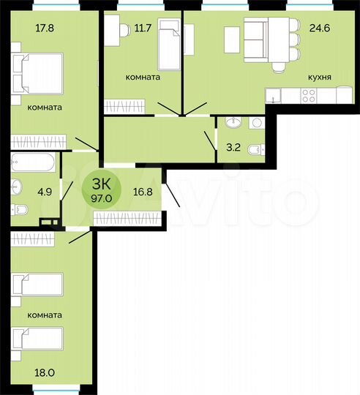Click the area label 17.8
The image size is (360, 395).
tap(24, 30)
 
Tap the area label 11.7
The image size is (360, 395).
tap(143, 30)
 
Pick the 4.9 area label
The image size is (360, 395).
tap(24, 194)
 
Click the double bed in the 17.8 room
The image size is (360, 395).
tap(37, 73)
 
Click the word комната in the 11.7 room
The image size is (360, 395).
tap(143, 76)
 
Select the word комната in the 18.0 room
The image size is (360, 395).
tap(44, 315)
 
